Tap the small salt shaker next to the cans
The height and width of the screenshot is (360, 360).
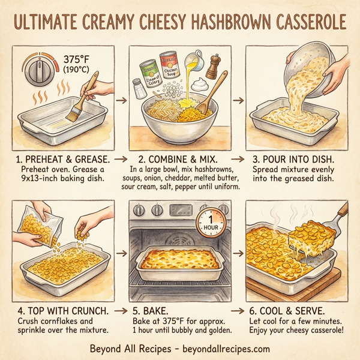click(x=138, y=89)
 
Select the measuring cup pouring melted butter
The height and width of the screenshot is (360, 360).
click(x=194, y=60)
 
